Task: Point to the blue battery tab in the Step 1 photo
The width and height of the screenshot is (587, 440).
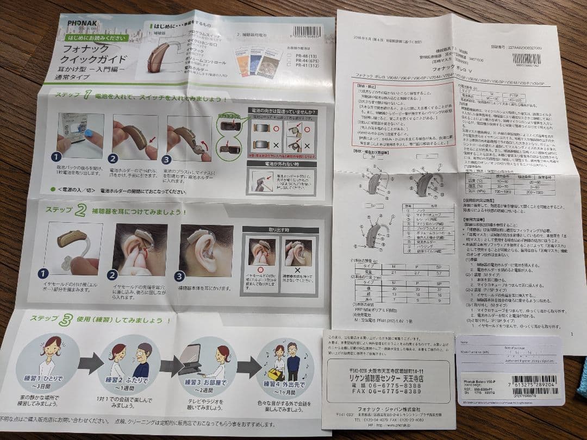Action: pyautogui.click(x=89, y=133)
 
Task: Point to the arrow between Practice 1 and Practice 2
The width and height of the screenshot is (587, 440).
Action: pyautogui.click(x=90, y=363)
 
